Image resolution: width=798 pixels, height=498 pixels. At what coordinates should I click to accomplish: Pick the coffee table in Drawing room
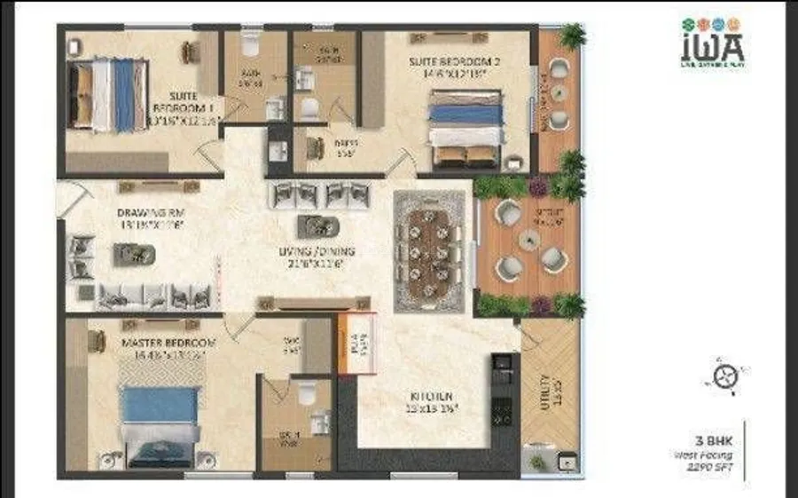[x=134, y=256]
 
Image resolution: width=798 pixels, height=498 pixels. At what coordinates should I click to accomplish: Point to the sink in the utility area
[x=563, y=461]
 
